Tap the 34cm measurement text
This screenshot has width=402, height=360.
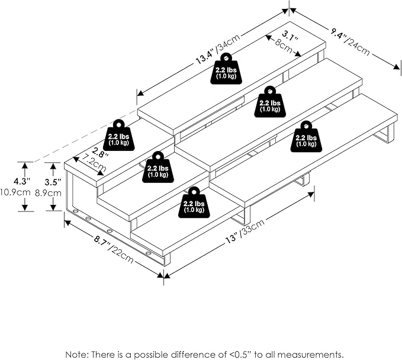(229, 43)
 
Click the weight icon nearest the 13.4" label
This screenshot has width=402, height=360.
(226, 68)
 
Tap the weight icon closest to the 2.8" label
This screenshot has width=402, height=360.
(118, 136)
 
